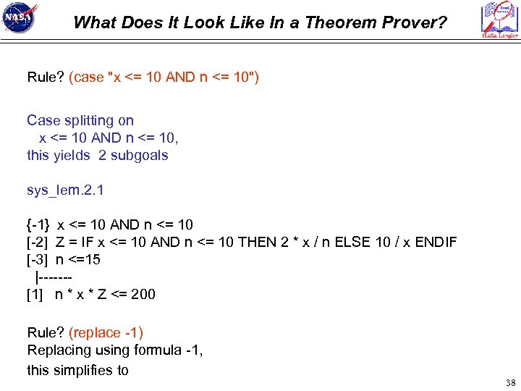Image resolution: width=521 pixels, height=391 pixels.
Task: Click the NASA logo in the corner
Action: coord(20,20)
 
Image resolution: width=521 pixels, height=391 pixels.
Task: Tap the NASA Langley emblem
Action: coord(500,20)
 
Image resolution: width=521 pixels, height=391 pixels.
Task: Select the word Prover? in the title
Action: coord(415,22)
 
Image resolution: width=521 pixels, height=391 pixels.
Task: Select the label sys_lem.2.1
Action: coord(65,190)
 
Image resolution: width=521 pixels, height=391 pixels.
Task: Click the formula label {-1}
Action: coord(38,224)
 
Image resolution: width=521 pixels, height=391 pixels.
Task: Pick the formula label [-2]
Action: coord(37,242)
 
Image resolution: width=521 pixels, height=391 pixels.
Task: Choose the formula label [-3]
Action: coord(37,259)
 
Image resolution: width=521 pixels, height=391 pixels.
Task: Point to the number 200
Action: coord(143,294)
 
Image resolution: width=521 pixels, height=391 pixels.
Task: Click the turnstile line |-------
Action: coord(54,277)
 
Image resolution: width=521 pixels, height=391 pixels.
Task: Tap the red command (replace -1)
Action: coord(106,332)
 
